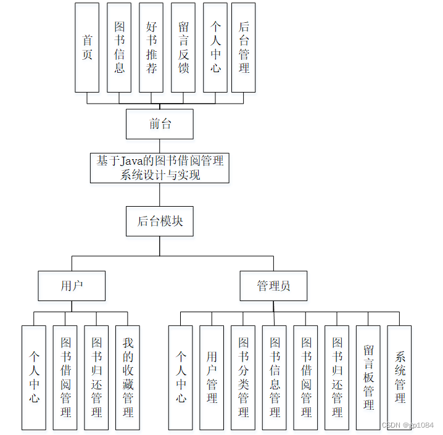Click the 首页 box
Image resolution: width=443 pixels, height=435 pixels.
pos(87,48)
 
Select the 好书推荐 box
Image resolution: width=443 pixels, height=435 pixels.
pos(151,48)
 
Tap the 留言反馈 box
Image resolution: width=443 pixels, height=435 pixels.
pos(183,48)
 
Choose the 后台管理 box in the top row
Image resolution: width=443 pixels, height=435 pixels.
pos(244,48)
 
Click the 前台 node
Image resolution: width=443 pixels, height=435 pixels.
pos(160,124)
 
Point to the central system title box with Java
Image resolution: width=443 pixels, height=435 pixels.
pos(160,168)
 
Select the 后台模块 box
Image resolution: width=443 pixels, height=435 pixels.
pos(160,221)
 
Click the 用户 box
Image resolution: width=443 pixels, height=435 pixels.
pos(72,286)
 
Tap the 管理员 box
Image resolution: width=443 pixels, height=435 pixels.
pos(273,286)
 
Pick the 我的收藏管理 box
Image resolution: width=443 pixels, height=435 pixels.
pos(128,378)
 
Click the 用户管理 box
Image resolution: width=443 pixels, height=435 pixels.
pos(212,378)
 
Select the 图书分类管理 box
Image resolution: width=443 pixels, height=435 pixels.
pos(243,378)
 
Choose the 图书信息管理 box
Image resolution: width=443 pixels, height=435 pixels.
pos(275,378)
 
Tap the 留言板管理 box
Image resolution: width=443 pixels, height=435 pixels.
pos(368,378)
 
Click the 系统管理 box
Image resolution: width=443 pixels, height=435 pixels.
pos(400,378)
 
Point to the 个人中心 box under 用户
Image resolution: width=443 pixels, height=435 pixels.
pos(34,378)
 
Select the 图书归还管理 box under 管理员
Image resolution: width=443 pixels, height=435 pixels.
pos(337,378)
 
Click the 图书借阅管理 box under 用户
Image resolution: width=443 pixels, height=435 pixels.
pos(65,378)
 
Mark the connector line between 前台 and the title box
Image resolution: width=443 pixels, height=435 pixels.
pos(160,146)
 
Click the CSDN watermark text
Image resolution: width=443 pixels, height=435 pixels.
pos(408,426)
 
